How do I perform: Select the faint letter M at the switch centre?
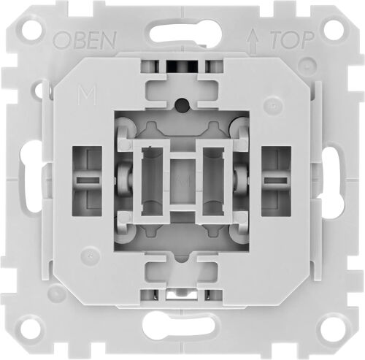click(x=182, y=177)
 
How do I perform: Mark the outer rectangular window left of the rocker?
click(x=88, y=179)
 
